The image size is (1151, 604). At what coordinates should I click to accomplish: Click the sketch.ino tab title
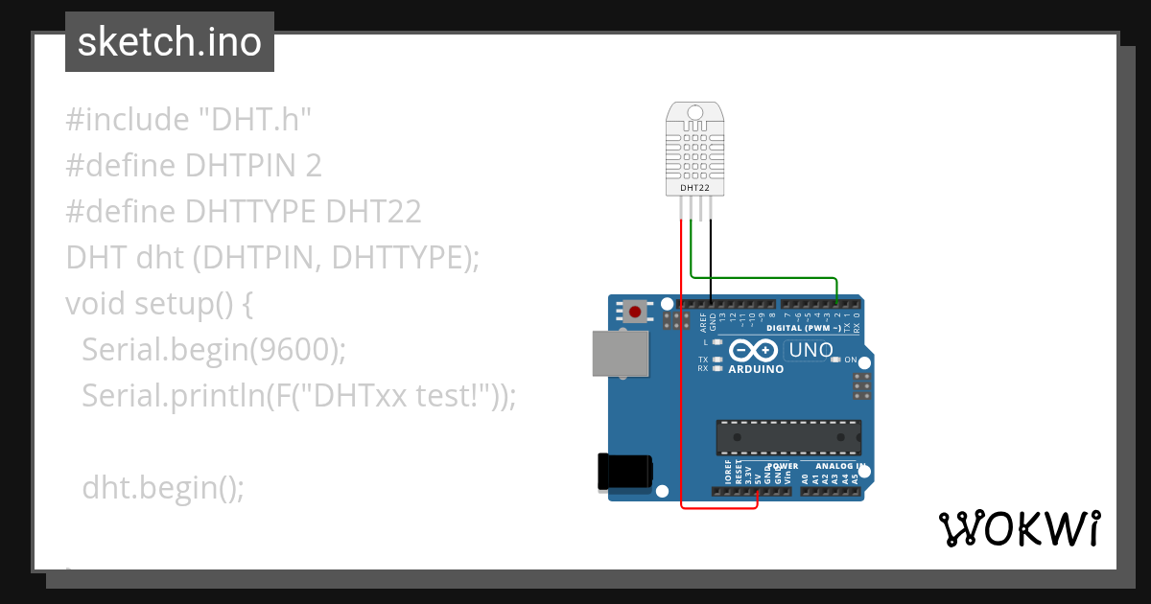pyautogui.click(x=169, y=42)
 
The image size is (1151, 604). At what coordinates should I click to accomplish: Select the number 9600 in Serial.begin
pyautogui.click(x=290, y=350)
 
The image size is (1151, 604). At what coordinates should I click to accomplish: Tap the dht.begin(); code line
pyautogui.click(x=163, y=488)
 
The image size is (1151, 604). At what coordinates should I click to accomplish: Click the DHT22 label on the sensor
pyautogui.click(x=695, y=188)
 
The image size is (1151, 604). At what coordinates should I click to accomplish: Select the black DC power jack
pyautogui.click(x=623, y=471)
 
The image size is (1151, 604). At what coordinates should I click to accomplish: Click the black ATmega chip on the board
pyautogui.click(x=787, y=437)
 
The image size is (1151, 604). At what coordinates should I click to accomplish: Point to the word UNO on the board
pyautogui.click(x=811, y=350)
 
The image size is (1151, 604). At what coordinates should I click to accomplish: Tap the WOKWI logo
pyautogui.click(x=1019, y=528)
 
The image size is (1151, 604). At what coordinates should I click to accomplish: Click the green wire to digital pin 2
pyautogui.click(x=767, y=278)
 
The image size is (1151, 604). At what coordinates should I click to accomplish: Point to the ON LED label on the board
pyautogui.click(x=850, y=360)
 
